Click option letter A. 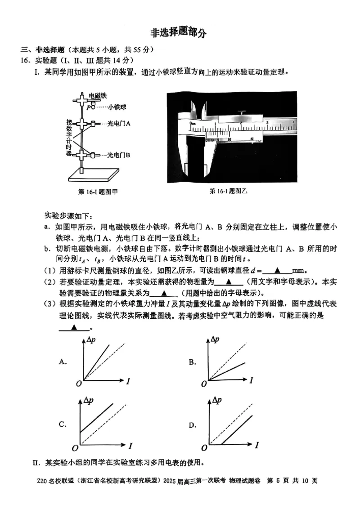[x=63, y=361]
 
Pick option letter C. [x=63, y=424]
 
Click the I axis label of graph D [x=258, y=445]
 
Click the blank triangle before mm [x=277, y=271]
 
